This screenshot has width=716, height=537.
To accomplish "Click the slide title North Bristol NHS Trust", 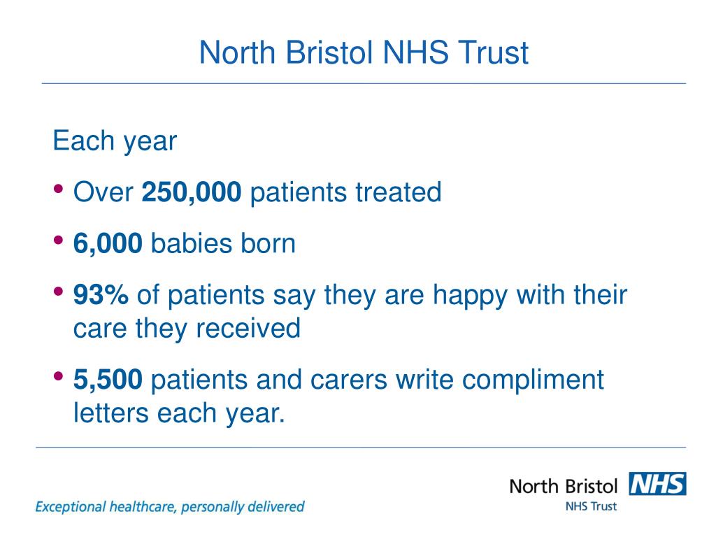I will pyautogui.click(x=364, y=52).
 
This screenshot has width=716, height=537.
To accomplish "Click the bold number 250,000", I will pyautogui.click(x=192, y=192).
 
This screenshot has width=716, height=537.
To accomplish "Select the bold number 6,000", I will pyautogui.click(x=108, y=243).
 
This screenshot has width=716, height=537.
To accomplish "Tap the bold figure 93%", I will pyautogui.click(x=101, y=295).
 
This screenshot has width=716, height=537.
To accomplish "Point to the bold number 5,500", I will pyautogui.click(x=108, y=380).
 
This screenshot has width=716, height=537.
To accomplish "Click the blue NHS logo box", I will pyautogui.click(x=657, y=484).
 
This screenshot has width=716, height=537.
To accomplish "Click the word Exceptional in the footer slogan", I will pyautogui.click(x=69, y=506).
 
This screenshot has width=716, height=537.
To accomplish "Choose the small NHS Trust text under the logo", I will pyautogui.click(x=591, y=506).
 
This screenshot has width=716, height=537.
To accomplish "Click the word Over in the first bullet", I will pyautogui.click(x=103, y=192).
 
